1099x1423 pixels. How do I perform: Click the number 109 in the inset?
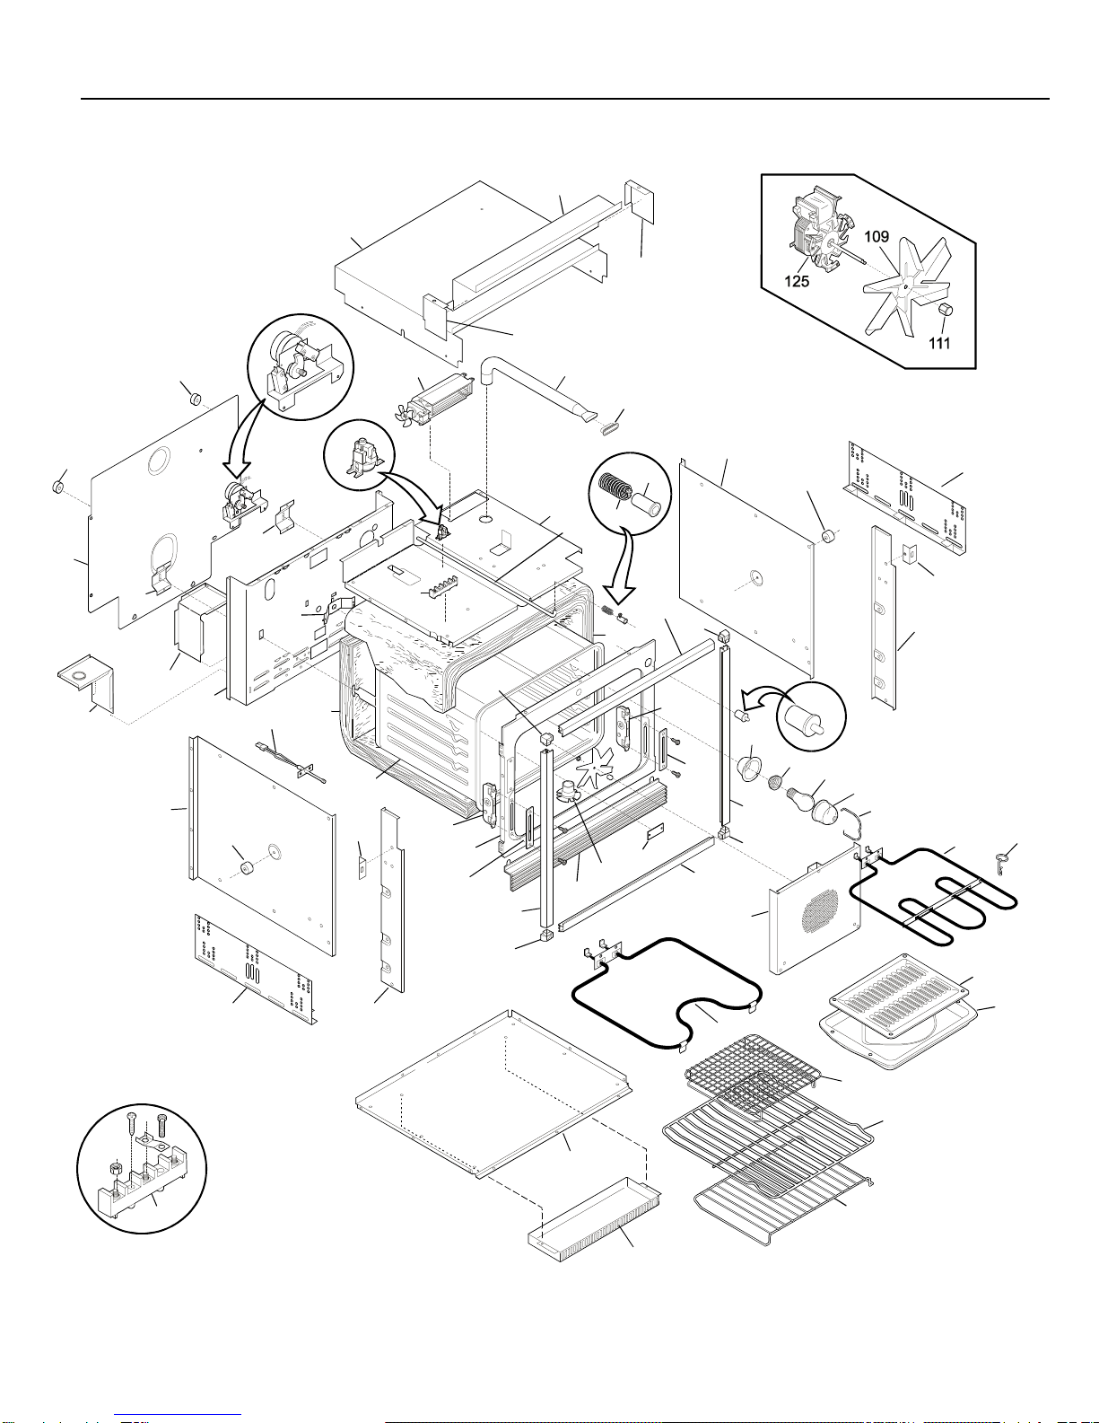pyautogui.click(x=877, y=237)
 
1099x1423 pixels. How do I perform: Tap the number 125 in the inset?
pyautogui.click(x=797, y=281)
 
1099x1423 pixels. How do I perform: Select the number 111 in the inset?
pyautogui.click(x=939, y=342)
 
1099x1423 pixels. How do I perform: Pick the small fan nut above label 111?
pyautogui.click(x=944, y=310)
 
